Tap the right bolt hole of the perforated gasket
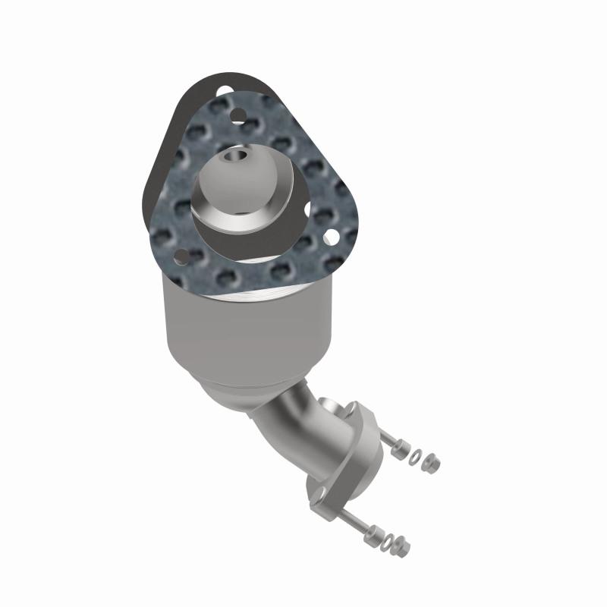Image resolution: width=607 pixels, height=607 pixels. [x=331, y=237]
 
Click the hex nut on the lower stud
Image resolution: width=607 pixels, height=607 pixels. [x=403, y=545]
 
